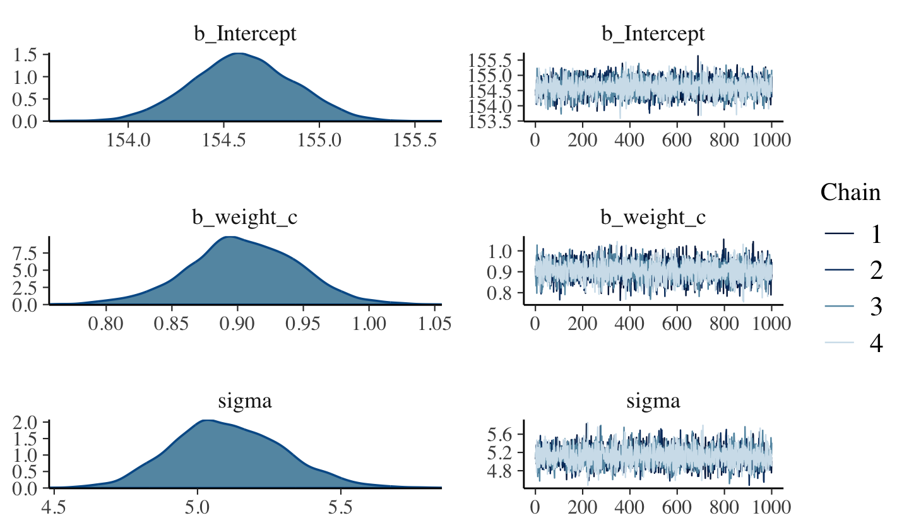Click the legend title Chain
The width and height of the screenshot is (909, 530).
coord(850,192)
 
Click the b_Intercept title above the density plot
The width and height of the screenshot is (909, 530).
coord(245,34)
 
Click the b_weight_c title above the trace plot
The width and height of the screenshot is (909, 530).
coord(653,218)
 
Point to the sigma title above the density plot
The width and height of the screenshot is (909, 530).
coord(245,401)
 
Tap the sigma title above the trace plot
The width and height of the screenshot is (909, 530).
coord(653,401)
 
